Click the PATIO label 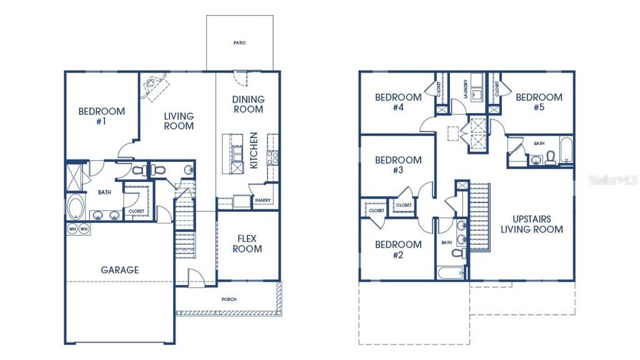coord(240,43)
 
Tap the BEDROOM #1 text coord(101,116)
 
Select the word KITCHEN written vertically coord(254,151)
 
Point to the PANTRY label coord(262,201)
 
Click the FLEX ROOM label coord(247,244)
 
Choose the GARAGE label coord(120,270)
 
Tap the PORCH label coord(229,299)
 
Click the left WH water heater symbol coord(72,229)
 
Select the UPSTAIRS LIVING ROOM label coord(531,224)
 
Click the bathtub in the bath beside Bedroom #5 coord(566,151)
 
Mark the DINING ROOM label coord(248,104)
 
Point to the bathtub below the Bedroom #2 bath coord(451,272)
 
